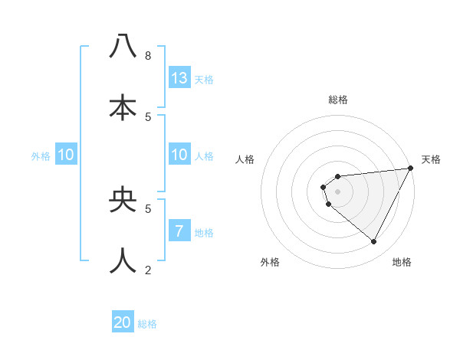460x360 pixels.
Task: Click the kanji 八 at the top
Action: [123, 47]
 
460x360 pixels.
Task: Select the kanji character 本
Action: [123, 107]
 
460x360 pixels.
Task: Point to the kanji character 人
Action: [123, 260]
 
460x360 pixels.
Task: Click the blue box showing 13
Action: [179, 78]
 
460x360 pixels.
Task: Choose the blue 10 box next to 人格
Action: [179, 155]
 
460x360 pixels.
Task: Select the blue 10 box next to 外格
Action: [66, 155]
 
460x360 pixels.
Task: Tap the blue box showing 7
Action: [179, 231]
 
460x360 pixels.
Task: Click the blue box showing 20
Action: [123, 322]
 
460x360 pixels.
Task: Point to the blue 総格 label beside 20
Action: [147, 324]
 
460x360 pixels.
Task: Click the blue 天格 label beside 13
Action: [204, 80]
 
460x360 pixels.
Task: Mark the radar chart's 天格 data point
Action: [410, 169]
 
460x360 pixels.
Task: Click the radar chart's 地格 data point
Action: [374, 242]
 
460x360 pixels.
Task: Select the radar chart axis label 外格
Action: [270, 263]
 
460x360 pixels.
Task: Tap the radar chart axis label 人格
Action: [245, 159]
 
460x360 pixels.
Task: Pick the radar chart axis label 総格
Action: [338, 100]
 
